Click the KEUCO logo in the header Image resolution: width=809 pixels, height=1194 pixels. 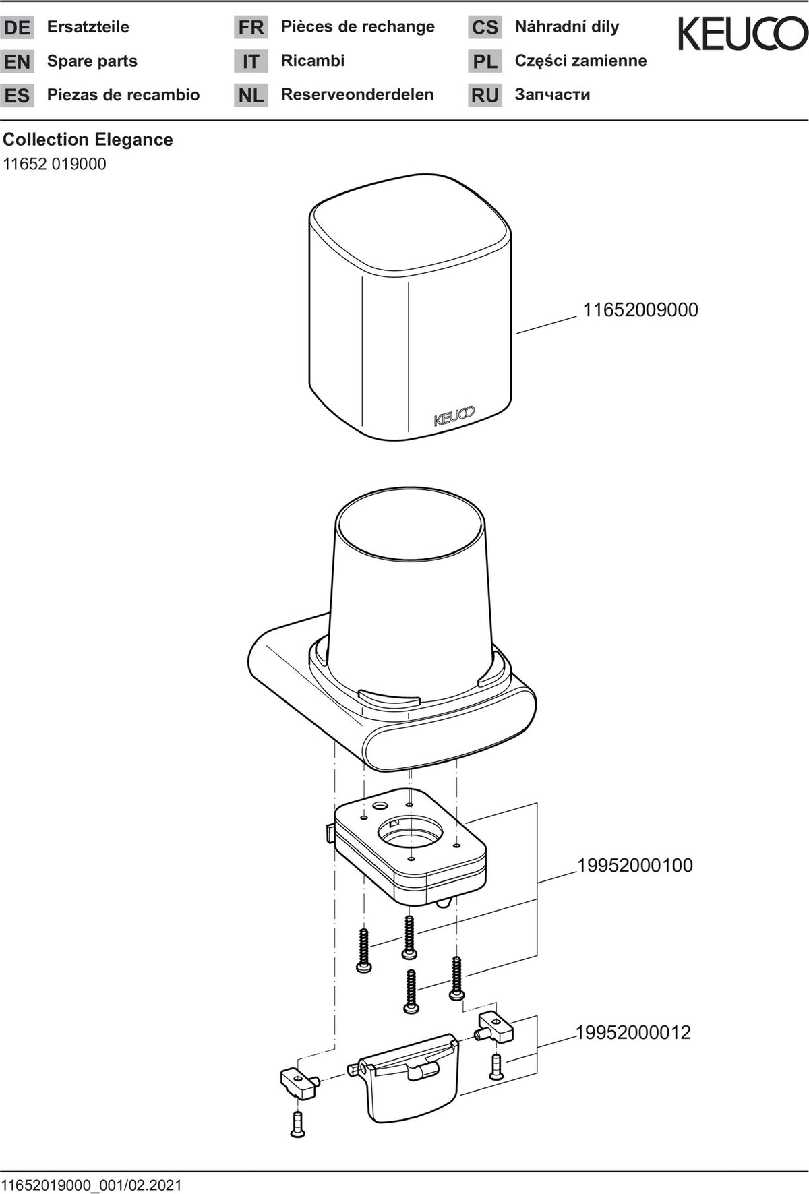click(742, 34)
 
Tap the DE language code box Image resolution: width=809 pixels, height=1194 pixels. click(17, 28)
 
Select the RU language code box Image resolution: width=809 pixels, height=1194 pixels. click(485, 95)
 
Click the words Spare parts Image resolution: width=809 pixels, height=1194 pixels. click(92, 61)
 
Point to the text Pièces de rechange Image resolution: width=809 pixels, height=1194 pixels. click(358, 27)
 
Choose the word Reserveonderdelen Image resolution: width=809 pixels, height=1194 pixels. click(357, 94)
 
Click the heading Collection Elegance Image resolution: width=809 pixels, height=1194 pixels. click(88, 140)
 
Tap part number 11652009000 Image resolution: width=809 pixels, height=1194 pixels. click(640, 310)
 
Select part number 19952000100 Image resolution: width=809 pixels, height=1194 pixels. click(635, 865)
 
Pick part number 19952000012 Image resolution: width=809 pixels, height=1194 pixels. click(633, 1032)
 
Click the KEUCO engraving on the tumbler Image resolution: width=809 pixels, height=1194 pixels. click(454, 416)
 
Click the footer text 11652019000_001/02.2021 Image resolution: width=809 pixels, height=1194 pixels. click(92, 1185)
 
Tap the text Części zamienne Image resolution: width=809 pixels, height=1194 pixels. click(581, 61)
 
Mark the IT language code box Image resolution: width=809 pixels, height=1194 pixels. click(251, 61)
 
